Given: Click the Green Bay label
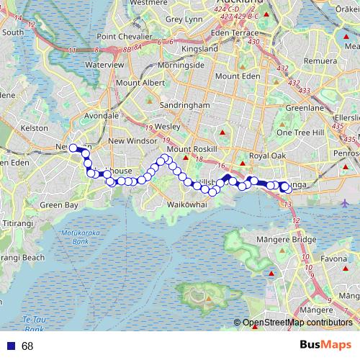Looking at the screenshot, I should point(59,205).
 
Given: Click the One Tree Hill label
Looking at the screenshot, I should point(300,132).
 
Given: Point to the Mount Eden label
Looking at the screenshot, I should point(236,76).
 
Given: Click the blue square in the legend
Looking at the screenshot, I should point(9,346).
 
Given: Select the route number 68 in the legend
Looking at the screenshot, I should point(27,346).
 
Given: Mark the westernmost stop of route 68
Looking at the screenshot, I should point(73,148).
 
